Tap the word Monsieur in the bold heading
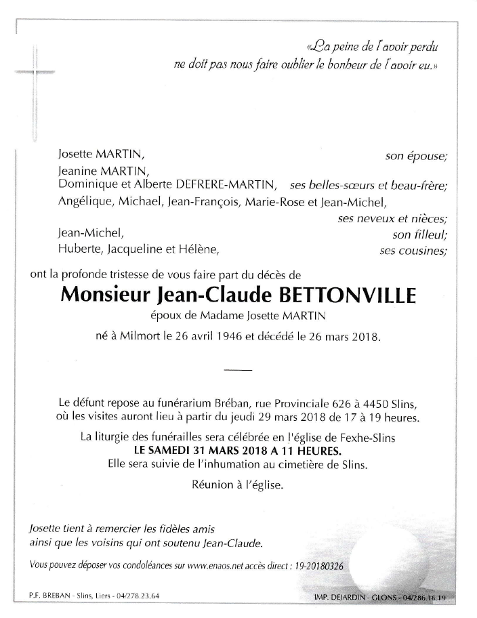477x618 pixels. click(x=105, y=295)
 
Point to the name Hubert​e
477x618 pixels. click(x=79, y=250)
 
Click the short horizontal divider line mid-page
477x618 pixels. click(x=237, y=370)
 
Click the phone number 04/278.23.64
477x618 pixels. click(x=140, y=597)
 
